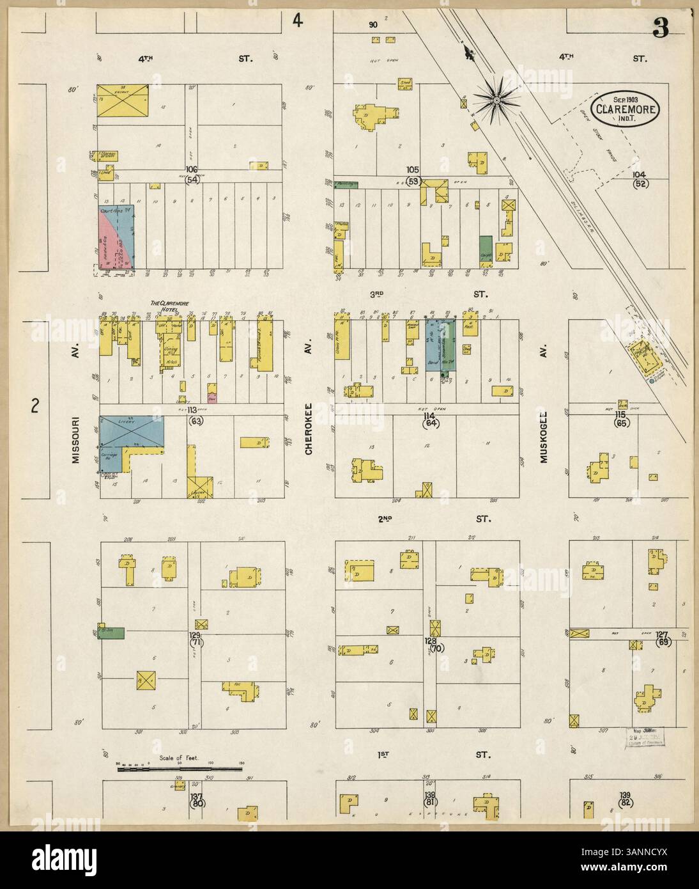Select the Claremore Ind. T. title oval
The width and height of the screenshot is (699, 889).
(625, 108)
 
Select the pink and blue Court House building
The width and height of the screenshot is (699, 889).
(116, 237)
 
